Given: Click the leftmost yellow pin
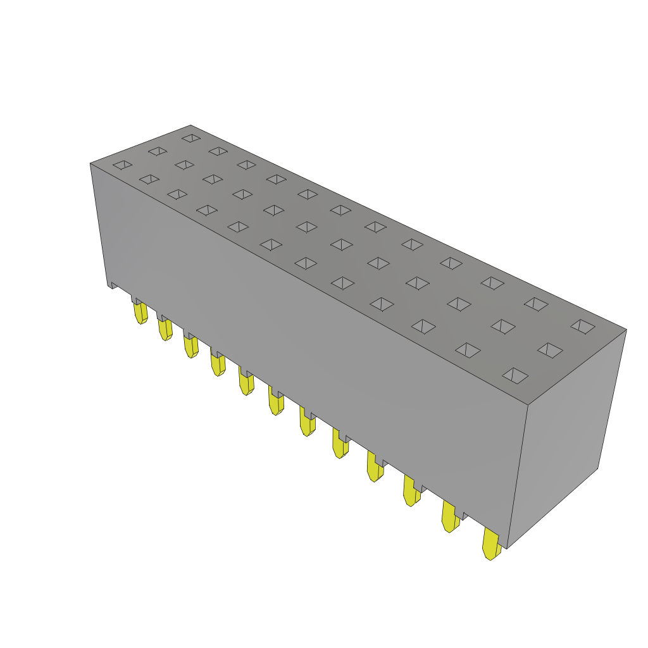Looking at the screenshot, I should pyautogui.click(x=140, y=313).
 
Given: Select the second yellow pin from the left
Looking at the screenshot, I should pyautogui.click(x=165, y=329).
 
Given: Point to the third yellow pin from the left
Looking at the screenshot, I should pyautogui.click(x=190, y=346).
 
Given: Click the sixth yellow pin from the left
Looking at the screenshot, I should pyautogui.click(x=275, y=402).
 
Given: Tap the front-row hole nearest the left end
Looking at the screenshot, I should pyautogui.click(x=122, y=165).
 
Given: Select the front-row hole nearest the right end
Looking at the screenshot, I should pyautogui.click(x=515, y=375).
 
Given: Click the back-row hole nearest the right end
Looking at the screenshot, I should pyautogui.click(x=583, y=327).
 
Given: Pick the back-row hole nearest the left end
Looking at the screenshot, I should pyautogui.click(x=191, y=137).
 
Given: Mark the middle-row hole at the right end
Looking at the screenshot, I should pyautogui.click(x=550, y=350).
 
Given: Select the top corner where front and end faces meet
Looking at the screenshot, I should pyautogui.click(x=528, y=405).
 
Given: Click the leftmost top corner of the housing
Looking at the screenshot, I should pyautogui.click(x=90, y=164).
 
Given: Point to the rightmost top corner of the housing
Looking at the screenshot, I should pyautogui.click(x=626, y=330).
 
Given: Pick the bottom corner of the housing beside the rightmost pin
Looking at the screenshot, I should pyautogui.click(x=507, y=548).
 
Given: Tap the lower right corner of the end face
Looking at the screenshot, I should pyautogui.click(x=598, y=468).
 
